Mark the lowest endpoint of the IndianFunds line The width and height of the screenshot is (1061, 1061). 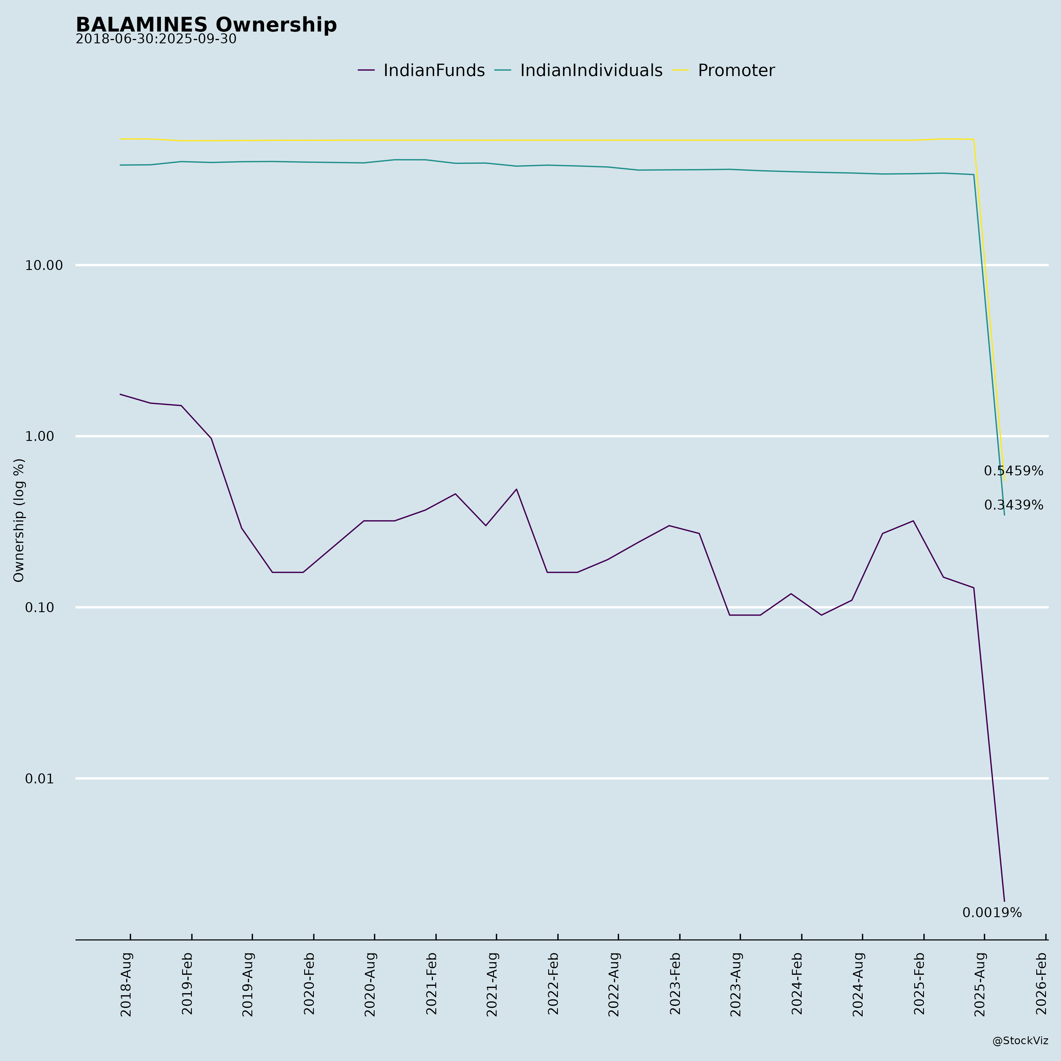click(1004, 901)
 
